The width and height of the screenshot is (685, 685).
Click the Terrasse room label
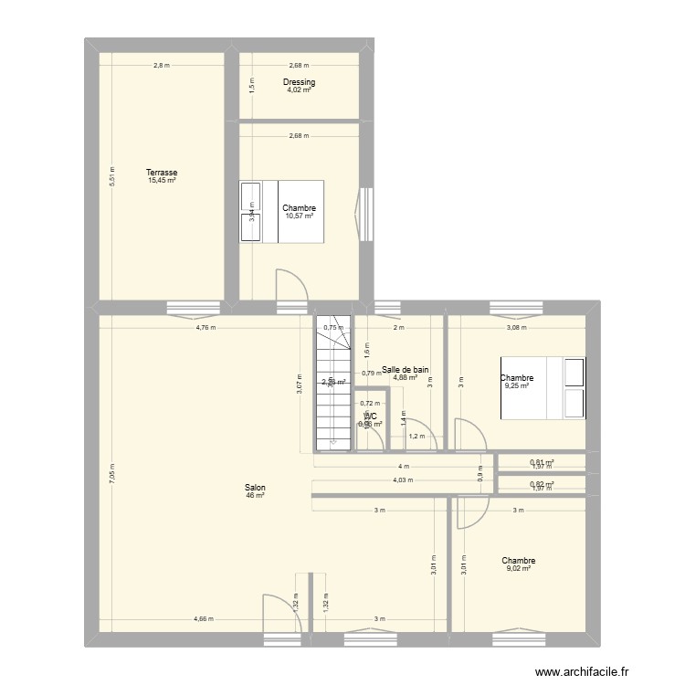tap(162, 173)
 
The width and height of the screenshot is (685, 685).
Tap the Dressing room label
tap(299, 82)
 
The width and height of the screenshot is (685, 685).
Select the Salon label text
tap(255, 488)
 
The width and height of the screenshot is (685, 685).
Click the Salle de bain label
tap(406, 370)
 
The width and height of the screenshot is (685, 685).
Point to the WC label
tap(370, 416)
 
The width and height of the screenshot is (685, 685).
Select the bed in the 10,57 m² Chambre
tap(282, 212)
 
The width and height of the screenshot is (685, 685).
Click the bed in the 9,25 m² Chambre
tap(543, 389)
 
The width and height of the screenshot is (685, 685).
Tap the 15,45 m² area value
tap(162, 181)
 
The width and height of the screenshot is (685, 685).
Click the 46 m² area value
tap(255, 496)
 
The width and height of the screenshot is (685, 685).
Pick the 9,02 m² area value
tap(518, 569)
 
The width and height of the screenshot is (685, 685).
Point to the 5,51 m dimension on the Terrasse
tap(112, 175)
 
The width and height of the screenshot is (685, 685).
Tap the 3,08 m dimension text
tap(518, 327)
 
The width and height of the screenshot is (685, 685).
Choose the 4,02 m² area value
tap(299, 90)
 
